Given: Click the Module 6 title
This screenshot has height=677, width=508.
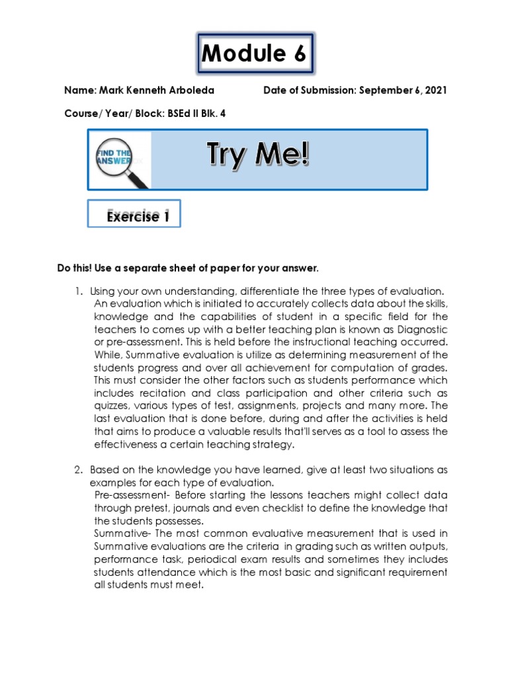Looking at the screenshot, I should [254, 54].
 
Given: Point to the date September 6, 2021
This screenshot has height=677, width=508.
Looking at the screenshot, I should [403, 90].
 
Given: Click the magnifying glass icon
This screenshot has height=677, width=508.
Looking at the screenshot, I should [120, 161].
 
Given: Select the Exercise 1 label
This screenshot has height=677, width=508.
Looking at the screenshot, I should [134, 216].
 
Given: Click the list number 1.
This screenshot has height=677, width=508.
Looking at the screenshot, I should [77, 292].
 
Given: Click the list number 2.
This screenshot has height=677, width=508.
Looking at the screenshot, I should [77, 470].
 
